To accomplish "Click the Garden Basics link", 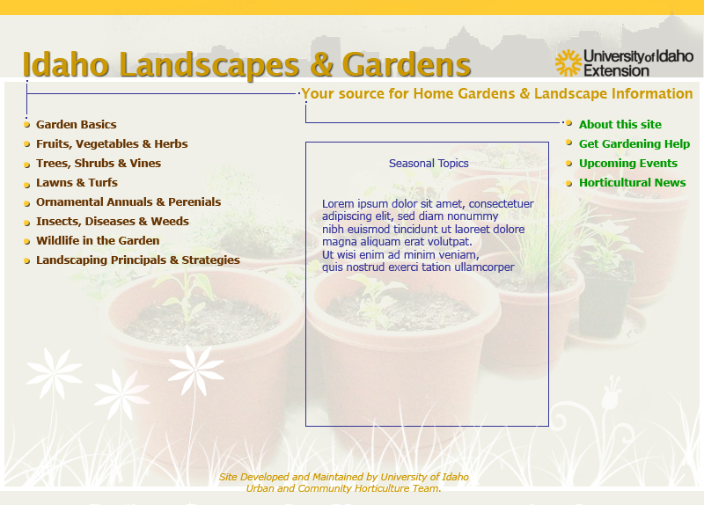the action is [x=77, y=124].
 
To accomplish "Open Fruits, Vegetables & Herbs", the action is [x=112, y=143].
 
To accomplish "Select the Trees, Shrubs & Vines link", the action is [x=99, y=163].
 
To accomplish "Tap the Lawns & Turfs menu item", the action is [x=77, y=182].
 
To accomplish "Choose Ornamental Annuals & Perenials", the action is [x=128, y=202].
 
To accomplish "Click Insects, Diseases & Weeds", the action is [x=113, y=222].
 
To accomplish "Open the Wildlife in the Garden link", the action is [x=98, y=240].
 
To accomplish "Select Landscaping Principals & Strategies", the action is [x=138, y=260].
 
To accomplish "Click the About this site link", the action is [x=620, y=124].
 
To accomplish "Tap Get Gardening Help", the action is [x=634, y=143].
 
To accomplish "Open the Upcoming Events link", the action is [x=628, y=164].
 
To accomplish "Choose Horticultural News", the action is [x=632, y=182].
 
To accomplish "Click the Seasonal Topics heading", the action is [x=429, y=164].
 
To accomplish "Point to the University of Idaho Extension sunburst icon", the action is [x=568, y=62].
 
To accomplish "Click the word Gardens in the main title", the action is [x=407, y=65].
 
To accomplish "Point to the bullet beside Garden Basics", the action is [x=27, y=124].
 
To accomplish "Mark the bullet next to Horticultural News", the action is [x=568, y=183].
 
